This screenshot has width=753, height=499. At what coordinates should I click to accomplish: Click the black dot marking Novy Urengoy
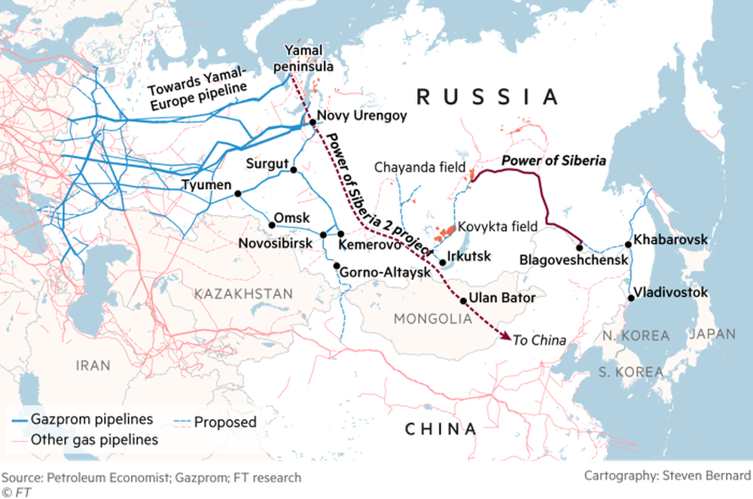click(x=311, y=121)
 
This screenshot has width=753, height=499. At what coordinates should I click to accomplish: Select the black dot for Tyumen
click(x=238, y=193)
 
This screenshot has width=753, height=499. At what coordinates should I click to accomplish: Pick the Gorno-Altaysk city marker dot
click(x=336, y=265)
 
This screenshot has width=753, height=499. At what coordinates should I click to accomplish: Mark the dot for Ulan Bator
click(x=463, y=300)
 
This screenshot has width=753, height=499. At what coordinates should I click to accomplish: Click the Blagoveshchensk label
click(x=574, y=260)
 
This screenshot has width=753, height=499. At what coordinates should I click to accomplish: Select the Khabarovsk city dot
click(x=628, y=244)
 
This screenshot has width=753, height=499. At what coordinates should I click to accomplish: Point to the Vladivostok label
click(x=670, y=292)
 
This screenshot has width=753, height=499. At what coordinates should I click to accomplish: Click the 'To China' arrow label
click(x=538, y=340)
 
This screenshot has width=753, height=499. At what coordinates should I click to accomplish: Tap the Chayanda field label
click(x=419, y=167)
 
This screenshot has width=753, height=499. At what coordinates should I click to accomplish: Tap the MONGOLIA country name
click(x=432, y=319)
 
